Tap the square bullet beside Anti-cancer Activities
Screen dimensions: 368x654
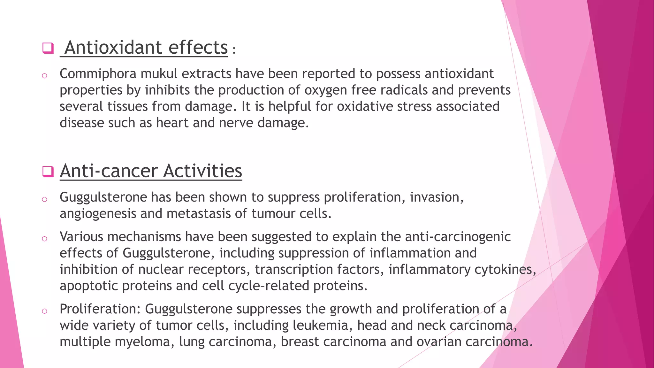(x=48, y=172)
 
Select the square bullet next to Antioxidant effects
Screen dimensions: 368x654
(x=48, y=48)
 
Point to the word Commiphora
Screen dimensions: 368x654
(x=98, y=74)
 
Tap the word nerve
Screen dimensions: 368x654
(x=236, y=123)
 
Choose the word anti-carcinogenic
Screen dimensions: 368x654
(x=458, y=237)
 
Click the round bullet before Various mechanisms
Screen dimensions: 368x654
(x=45, y=239)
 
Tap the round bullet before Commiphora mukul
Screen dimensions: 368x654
(x=45, y=76)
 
